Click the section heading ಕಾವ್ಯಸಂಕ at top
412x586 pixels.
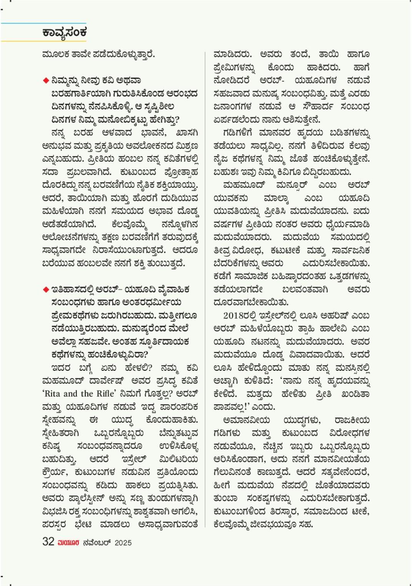pyautogui.click(x=65, y=32)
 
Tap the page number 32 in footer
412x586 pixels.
pyautogui.click(x=48, y=542)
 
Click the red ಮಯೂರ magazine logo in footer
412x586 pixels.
pyautogui.click(x=68, y=543)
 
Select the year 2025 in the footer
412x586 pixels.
pyautogui.click(x=123, y=543)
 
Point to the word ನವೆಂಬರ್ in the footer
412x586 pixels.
pyautogui.click(x=97, y=543)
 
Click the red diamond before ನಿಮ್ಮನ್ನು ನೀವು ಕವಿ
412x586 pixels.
pyautogui.click(x=46, y=80)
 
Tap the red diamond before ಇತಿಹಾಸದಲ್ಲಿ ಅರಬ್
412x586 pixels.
pyautogui.click(x=46, y=289)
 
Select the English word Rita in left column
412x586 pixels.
pyautogui.click(x=53, y=393)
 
